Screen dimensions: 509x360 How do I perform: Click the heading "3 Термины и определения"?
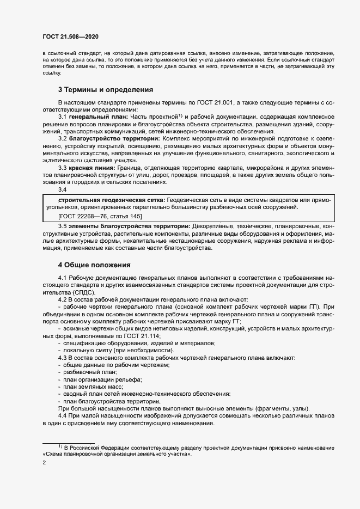click(x=106, y=89)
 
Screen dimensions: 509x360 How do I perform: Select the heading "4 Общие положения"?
click(x=94, y=265)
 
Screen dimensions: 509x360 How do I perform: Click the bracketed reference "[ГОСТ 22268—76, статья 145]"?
click(x=99, y=216)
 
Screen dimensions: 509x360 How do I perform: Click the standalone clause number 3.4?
click(x=62, y=189)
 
